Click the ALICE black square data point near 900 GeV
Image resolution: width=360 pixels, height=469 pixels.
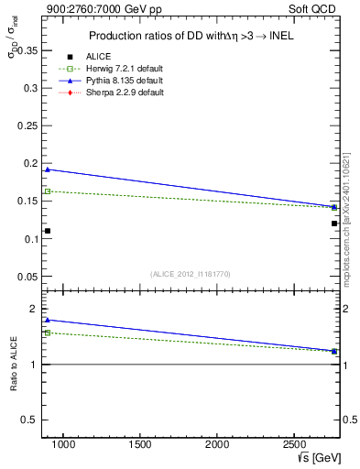tap(48, 231)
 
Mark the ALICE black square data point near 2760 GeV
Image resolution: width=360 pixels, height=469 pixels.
tap(334, 224)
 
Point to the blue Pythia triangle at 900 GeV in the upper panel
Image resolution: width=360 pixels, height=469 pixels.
tap(48, 169)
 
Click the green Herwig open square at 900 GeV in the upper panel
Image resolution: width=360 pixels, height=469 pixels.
tap(48, 191)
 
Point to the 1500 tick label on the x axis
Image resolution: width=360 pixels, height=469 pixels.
tap(140, 445)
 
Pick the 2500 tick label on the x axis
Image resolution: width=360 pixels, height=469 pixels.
tap(294, 445)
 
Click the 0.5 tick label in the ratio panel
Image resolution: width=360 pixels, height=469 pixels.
tap(28, 420)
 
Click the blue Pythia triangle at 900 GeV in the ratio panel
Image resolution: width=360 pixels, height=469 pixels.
tap(48, 321)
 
